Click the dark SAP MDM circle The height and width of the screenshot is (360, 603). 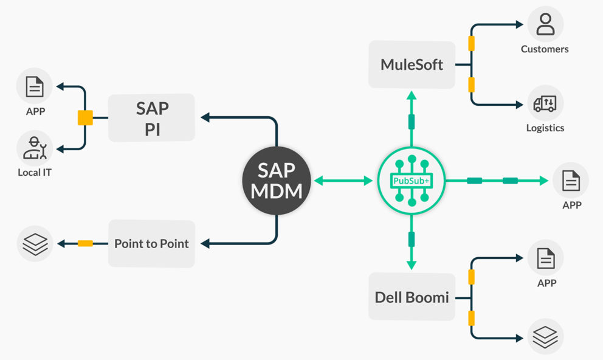277,181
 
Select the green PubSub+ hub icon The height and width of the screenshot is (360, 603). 411,181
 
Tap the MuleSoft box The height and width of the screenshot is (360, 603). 412,64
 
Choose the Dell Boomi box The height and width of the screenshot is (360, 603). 412,297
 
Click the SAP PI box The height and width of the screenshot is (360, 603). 152,118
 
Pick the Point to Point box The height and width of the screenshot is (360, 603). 151,243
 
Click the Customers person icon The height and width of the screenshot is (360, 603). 545,24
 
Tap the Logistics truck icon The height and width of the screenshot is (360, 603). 545,103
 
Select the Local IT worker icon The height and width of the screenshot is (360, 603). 35,148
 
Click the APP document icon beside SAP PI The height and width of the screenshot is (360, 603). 35,86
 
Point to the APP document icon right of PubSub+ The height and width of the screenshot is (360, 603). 571,181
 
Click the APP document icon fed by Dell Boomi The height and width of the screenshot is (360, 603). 545,258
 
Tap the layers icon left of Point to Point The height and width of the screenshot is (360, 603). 35,243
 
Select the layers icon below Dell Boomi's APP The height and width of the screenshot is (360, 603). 545,336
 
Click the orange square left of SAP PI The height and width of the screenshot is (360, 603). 85,118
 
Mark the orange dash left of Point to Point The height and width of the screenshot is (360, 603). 85,243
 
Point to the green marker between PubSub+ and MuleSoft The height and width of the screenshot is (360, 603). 412,121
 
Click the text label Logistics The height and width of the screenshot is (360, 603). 545,128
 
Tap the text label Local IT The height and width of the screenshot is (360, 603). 35,173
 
